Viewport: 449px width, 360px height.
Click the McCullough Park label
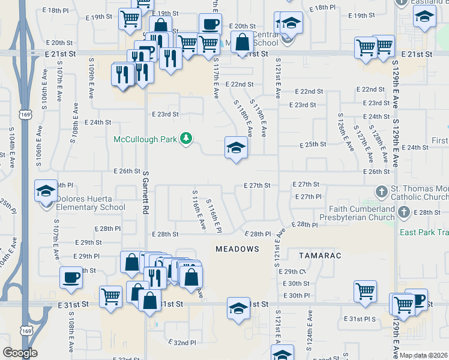pos(146,140)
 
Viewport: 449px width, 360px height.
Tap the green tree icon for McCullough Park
pos(187,139)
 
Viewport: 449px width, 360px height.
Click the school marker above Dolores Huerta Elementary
pos(45,191)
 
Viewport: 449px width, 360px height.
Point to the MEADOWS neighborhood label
pos(237,248)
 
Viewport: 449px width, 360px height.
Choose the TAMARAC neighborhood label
pos(321,256)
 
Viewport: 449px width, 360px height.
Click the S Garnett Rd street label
pos(146,192)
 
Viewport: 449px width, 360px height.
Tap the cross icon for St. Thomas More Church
pos(381,191)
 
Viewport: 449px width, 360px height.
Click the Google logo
pos(20,353)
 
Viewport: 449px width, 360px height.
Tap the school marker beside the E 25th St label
pos(236,148)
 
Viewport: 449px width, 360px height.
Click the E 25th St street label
pos(313,145)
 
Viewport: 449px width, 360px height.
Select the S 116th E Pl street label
pos(214,216)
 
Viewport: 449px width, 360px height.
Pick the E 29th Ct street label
pos(292,272)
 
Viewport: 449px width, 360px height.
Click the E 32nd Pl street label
pos(184,343)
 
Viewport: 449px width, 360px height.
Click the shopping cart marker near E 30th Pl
pos(365,292)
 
